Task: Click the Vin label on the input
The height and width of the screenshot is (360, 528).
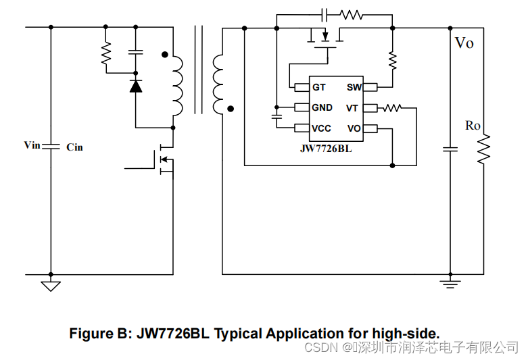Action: [x=32, y=145]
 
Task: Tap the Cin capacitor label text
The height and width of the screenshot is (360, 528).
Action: [x=74, y=147]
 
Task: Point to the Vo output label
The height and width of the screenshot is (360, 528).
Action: [x=464, y=43]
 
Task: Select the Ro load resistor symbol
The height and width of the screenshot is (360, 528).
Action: [x=483, y=149]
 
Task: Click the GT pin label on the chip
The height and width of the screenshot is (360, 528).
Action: [x=318, y=87]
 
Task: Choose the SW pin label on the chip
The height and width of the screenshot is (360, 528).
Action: [x=354, y=87]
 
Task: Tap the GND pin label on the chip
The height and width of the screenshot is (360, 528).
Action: [x=322, y=107]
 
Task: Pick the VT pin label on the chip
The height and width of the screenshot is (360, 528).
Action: [x=352, y=108]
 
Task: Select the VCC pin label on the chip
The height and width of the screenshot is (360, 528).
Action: [x=321, y=128]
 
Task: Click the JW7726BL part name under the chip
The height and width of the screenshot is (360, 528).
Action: [x=326, y=149]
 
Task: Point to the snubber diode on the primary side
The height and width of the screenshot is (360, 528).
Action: [x=136, y=86]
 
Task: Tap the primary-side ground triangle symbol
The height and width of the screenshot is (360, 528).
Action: [x=51, y=285]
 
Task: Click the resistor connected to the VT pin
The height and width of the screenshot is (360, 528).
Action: [x=391, y=107]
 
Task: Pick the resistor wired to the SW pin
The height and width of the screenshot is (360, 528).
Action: [x=392, y=60]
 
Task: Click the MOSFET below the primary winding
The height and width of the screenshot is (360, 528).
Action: [x=165, y=160]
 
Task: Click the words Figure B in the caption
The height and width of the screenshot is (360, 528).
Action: [x=101, y=333]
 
